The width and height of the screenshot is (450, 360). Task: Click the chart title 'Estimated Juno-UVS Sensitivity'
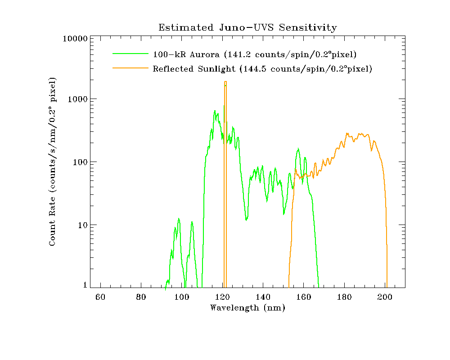click(247, 27)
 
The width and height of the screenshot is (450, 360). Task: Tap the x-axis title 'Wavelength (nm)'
click(247, 308)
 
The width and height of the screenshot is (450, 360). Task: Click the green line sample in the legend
click(130, 53)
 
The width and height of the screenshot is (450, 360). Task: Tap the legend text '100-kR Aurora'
click(184, 55)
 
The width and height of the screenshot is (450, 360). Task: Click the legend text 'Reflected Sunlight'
click(194, 69)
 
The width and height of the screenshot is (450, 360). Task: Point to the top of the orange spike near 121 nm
click(225, 82)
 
